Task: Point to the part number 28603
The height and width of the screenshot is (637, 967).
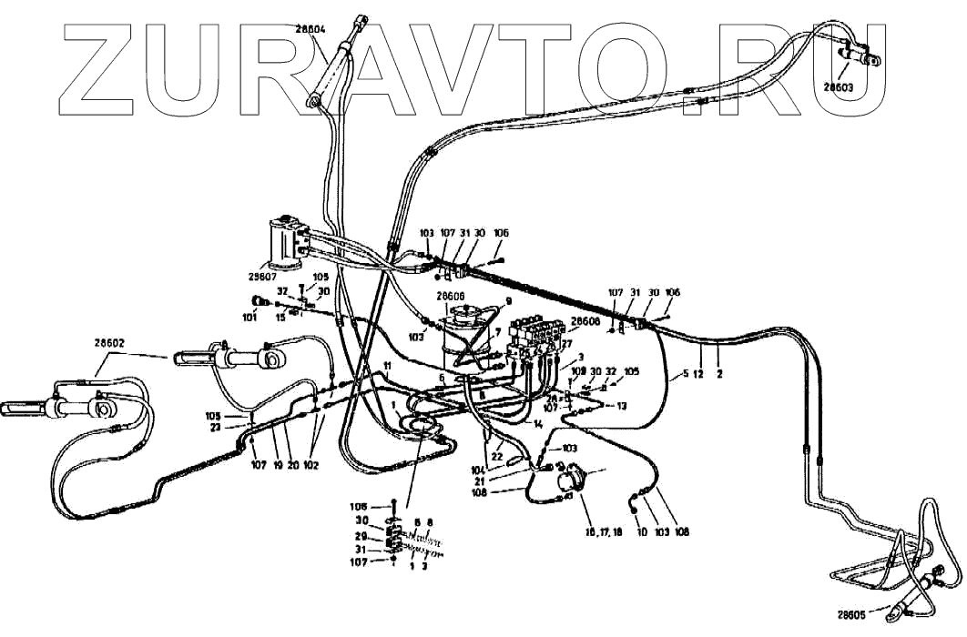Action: click(x=839, y=87)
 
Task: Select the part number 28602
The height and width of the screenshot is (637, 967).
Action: click(x=108, y=343)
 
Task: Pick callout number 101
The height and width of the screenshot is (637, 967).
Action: click(x=249, y=318)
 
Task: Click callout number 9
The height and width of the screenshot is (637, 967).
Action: click(x=509, y=301)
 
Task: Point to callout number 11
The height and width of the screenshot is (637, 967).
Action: click(x=387, y=365)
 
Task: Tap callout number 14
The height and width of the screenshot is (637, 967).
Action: click(x=539, y=424)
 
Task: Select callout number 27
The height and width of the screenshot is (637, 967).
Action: click(x=566, y=344)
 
